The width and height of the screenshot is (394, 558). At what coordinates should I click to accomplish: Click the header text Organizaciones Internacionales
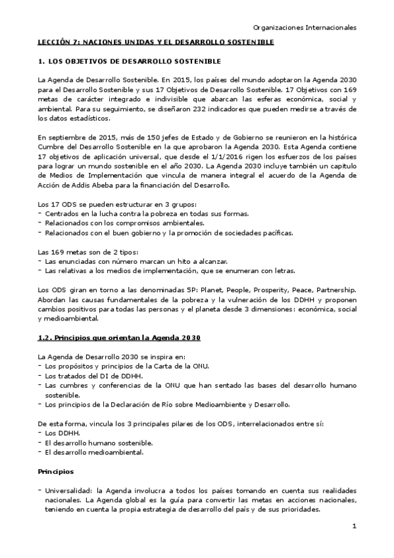tap(305, 28)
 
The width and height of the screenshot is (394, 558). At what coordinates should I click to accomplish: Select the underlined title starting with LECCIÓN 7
tap(155, 42)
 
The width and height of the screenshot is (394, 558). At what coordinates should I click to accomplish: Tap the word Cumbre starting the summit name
tap(51, 147)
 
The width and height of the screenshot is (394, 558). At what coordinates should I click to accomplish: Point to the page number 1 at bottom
tap(354, 526)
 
